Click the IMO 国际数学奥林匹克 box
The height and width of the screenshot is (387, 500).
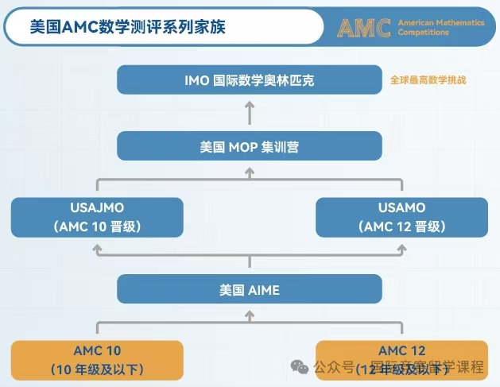point(250,81)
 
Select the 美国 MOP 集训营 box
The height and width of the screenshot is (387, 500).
point(250,147)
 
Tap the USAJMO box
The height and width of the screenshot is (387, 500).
point(97,217)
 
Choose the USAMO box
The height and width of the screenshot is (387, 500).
point(401,217)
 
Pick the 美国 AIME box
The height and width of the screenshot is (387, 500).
point(250,289)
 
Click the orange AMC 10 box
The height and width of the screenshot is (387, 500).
point(97,359)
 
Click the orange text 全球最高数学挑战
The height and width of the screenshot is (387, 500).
point(428,81)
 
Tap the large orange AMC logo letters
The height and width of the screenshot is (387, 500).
point(363,27)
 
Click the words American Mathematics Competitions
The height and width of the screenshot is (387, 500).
point(440,28)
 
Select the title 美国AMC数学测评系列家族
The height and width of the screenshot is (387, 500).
point(127,27)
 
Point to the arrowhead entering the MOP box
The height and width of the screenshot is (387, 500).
point(250,169)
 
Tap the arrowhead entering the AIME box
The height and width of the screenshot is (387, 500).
point(250,314)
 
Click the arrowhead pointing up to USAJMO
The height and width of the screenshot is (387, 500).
point(97,248)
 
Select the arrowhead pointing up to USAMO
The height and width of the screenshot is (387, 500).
point(401,248)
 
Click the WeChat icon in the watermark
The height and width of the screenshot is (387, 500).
point(300,366)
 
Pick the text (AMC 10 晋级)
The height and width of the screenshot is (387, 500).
point(97,226)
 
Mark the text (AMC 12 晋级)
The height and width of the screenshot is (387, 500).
point(401,226)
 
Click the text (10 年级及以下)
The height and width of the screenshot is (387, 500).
point(97,369)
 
